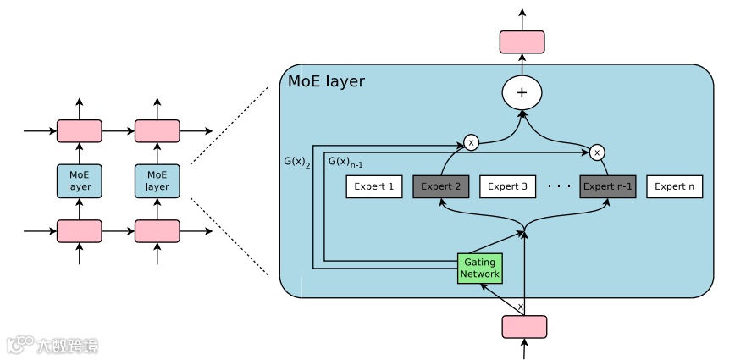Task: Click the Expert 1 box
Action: [374, 186]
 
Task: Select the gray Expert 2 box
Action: [440, 186]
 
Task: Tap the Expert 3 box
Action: [508, 186]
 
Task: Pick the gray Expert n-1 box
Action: [608, 186]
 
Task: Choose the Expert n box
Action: [675, 186]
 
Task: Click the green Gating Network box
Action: [480, 268]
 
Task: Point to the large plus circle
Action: [522, 92]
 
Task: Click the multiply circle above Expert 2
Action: [471, 142]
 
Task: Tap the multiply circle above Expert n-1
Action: [597, 152]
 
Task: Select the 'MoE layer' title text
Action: [327, 82]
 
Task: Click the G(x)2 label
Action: [297, 160]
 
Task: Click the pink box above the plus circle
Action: [522, 42]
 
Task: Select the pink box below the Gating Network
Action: [524, 327]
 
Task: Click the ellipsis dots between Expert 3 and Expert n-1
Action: [559, 186]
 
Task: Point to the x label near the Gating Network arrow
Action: [520, 306]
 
